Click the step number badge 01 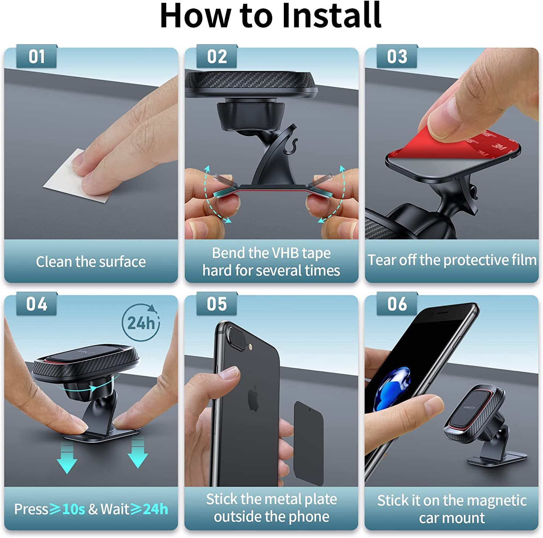pos(37,57)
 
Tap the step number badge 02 pos(217,57)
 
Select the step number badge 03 pos(397,57)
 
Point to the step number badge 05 pos(217,304)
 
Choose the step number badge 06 pos(397,304)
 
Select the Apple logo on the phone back pos(253,398)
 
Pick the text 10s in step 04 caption pos(73,509)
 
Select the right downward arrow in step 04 pos(138,454)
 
